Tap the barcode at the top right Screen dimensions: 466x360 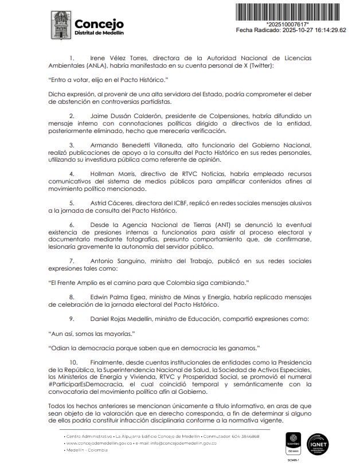pyautogui.click(x=295, y=11)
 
